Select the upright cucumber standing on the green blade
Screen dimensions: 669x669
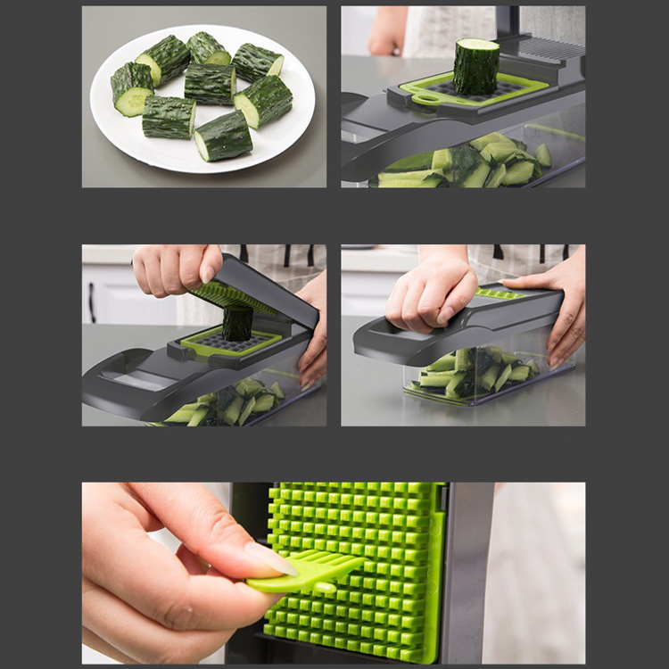tap(475, 66)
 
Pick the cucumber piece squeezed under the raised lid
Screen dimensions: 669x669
tap(237, 324)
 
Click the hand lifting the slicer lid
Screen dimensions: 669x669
tap(174, 268)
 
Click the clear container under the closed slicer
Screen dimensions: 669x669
tap(473, 375)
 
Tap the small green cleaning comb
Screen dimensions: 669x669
tap(303, 572)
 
